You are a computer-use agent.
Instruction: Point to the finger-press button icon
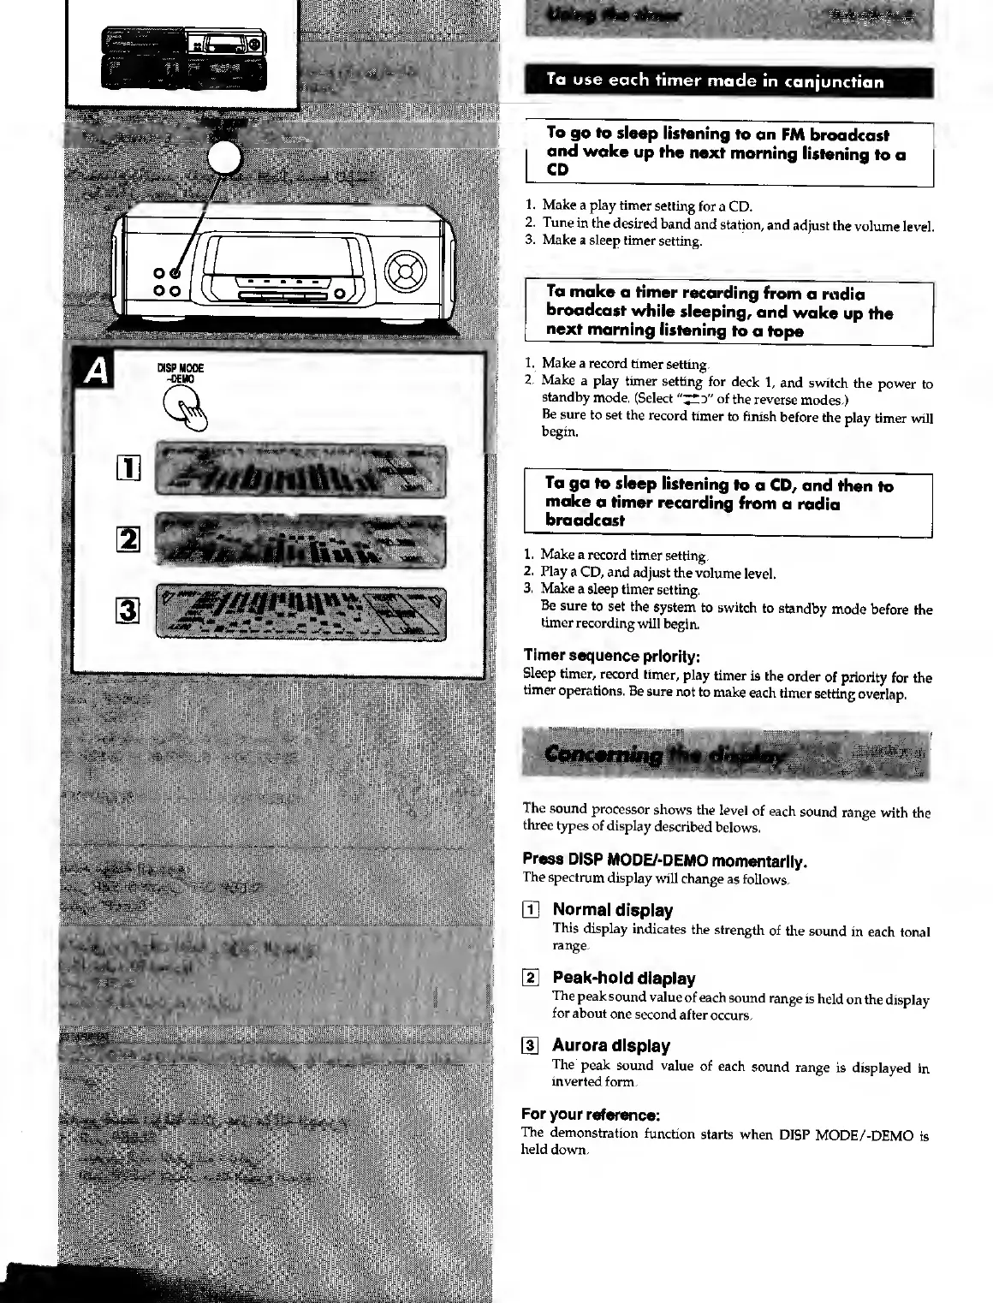[x=188, y=407]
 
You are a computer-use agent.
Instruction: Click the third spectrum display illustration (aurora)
[x=300, y=612]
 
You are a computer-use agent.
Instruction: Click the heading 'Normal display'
[x=612, y=910]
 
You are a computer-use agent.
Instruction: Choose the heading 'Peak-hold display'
[x=623, y=978]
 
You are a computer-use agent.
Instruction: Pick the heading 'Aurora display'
[x=610, y=1045]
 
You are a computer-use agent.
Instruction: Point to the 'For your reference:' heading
[x=590, y=1115]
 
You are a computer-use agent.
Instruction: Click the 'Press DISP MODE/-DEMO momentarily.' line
[x=665, y=860]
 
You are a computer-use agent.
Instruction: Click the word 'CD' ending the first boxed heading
[x=558, y=170]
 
